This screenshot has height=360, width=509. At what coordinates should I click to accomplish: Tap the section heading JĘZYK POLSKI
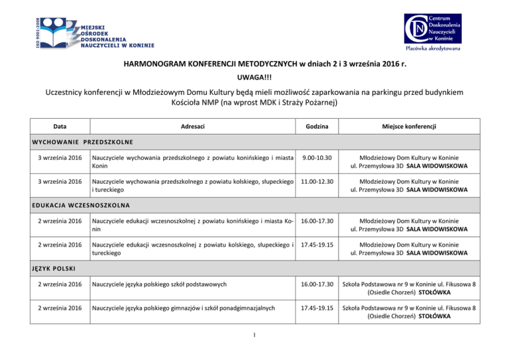54,269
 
